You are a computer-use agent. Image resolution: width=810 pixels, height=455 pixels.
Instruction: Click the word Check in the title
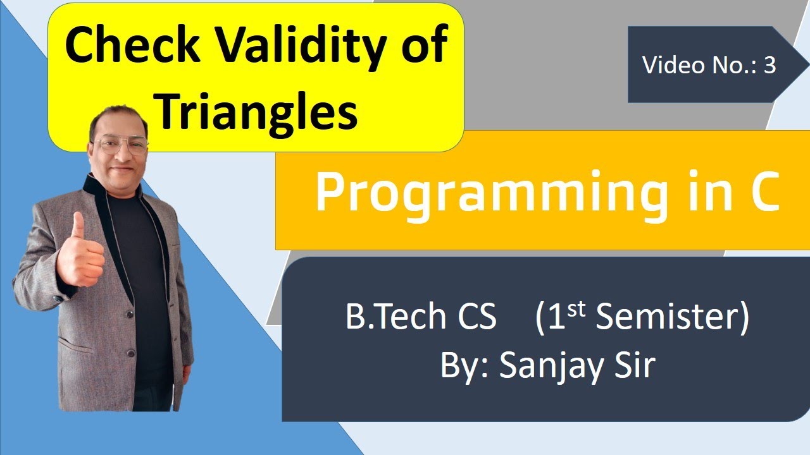pos(132,44)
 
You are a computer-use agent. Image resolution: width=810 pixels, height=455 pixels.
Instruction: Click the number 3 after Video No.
pos(770,65)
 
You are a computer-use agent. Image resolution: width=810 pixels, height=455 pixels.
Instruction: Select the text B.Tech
pos(396,317)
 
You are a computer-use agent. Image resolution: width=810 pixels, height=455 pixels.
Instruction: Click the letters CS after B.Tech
pos(477,317)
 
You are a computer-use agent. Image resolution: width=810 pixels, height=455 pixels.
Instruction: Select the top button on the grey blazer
pos(129,314)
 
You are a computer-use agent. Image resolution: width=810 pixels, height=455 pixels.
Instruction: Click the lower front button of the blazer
pos(131,353)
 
